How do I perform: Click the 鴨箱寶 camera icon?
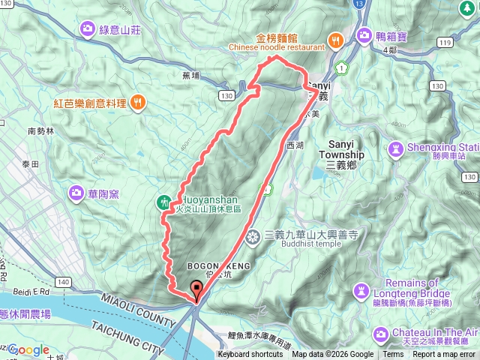point(364,34)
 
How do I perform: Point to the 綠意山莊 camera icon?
point(88,29)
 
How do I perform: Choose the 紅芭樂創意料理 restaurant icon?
point(137,102)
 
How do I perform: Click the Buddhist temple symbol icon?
point(253,238)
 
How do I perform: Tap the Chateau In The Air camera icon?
point(380,332)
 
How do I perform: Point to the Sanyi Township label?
point(346,149)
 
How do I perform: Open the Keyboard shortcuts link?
point(250,355)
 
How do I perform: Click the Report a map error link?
point(442,355)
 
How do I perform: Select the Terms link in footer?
point(393,355)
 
